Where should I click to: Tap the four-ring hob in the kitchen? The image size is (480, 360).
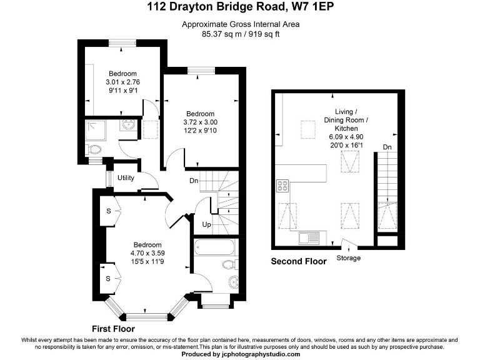pos(282,186)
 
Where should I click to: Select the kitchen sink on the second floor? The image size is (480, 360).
pos(307,237)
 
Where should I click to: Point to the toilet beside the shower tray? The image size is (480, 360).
pos(94,149)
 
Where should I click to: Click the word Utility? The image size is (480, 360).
pos(126,178)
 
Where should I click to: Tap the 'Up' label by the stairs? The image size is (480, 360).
pos(206,224)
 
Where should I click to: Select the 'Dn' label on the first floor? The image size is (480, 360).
pos(194,182)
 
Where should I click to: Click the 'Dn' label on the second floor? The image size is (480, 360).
pos(387,147)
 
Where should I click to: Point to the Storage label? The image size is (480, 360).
pos(348,258)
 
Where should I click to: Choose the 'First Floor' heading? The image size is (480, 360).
pos(113,329)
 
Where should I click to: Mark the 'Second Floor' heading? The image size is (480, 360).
pos(298,262)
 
